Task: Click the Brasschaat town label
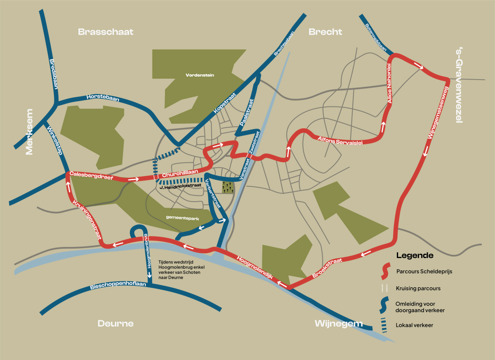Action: [106, 32]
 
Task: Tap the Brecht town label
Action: [325, 32]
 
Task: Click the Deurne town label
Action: [115, 323]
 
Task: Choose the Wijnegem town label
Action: [338, 323]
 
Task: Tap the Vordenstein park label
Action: [200, 75]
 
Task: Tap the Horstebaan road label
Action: [102, 98]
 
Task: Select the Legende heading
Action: [415, 255]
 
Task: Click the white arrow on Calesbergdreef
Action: [133, 179]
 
